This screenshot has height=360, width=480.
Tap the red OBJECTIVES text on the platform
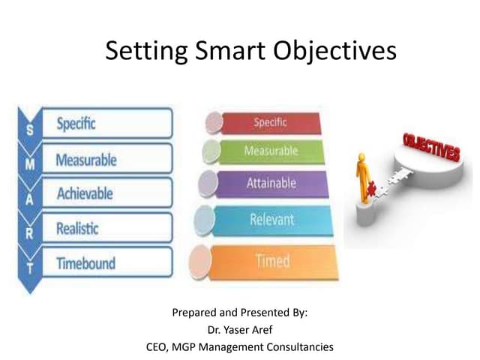430,147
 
